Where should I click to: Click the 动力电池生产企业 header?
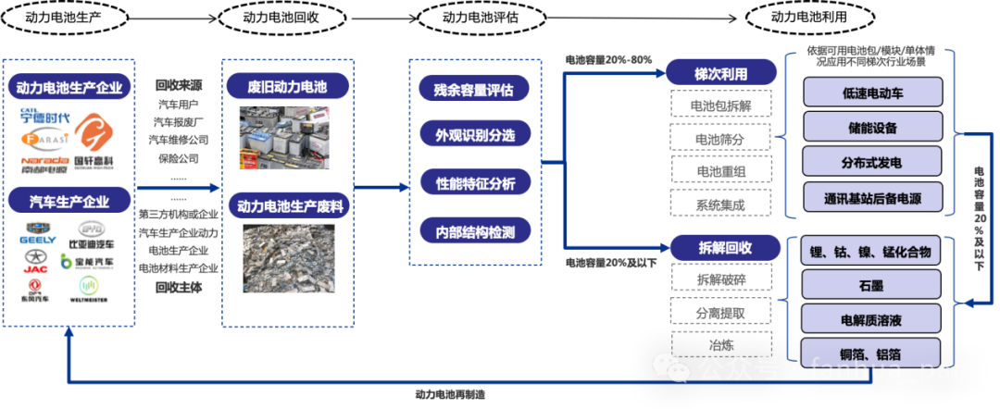pos(69,89)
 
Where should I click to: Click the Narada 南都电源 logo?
pos(45,164)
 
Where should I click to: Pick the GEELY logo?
pos(38,233)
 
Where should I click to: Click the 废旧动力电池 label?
pos(286,88)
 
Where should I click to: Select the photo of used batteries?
pos(286,140)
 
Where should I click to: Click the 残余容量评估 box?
pos(473,90)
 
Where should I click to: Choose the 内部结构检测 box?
pos(474,229)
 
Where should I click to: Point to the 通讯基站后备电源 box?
pos(872,196)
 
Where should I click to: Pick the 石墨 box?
pos(872,286)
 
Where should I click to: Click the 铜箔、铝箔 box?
pos(872,353)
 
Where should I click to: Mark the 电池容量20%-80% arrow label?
pos(608,60)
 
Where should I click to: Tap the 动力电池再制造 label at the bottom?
pos(450,394)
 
